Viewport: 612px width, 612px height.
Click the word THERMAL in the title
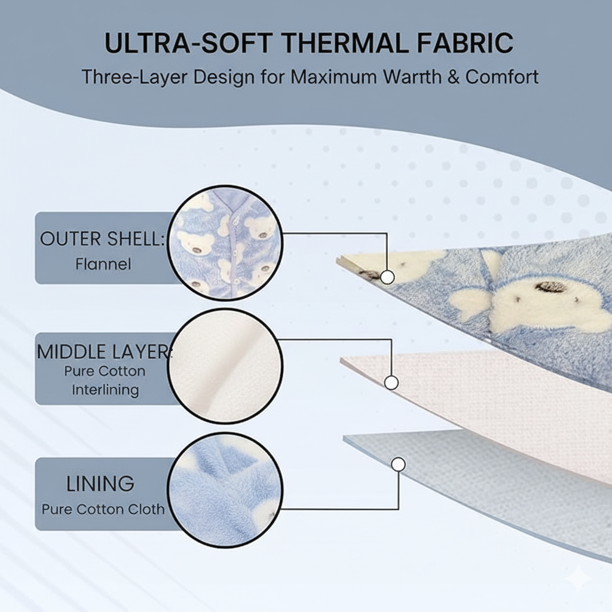(x=345, y=42)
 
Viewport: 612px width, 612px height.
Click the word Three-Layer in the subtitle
(x=136, y=77)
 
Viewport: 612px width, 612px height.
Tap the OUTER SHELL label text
(x=103, y=238)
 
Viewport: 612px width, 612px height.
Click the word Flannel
(x=103, y=264)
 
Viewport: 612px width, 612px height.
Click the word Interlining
(x=105, y=390)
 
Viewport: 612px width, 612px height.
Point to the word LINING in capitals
(x=100, y=484)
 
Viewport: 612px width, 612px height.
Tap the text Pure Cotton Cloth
(x=103, y=509)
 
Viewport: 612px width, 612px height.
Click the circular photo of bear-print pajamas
(x=225, y=243)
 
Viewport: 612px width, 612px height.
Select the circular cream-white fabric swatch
(x=225, y=366)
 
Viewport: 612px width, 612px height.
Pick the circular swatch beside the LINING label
(x=225, y=490)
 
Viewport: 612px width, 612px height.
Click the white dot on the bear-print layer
(x=387, y=277)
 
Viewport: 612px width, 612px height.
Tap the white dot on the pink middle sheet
(x=391, y=382)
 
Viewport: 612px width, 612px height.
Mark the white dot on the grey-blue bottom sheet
(x=398, y=464)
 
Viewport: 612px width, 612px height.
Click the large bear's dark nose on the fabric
(x=550, y=287)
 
